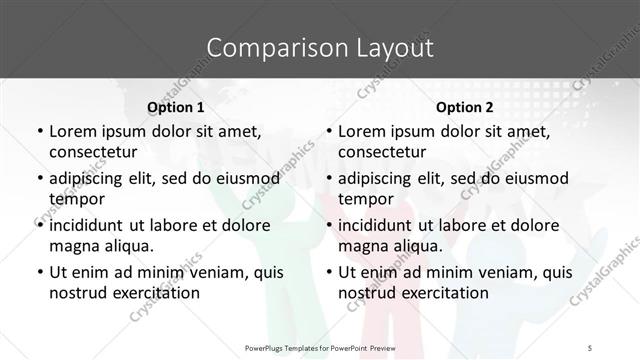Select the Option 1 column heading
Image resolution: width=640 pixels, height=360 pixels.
(175, 107)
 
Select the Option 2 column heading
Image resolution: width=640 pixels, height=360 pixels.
(465, 107)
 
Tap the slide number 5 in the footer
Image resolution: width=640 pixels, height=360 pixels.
(591, 347)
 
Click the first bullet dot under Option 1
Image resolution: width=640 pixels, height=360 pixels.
(39, 131)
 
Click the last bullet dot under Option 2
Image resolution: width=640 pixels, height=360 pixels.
(329, 272)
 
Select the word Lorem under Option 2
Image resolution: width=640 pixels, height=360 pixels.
(364, 131)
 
